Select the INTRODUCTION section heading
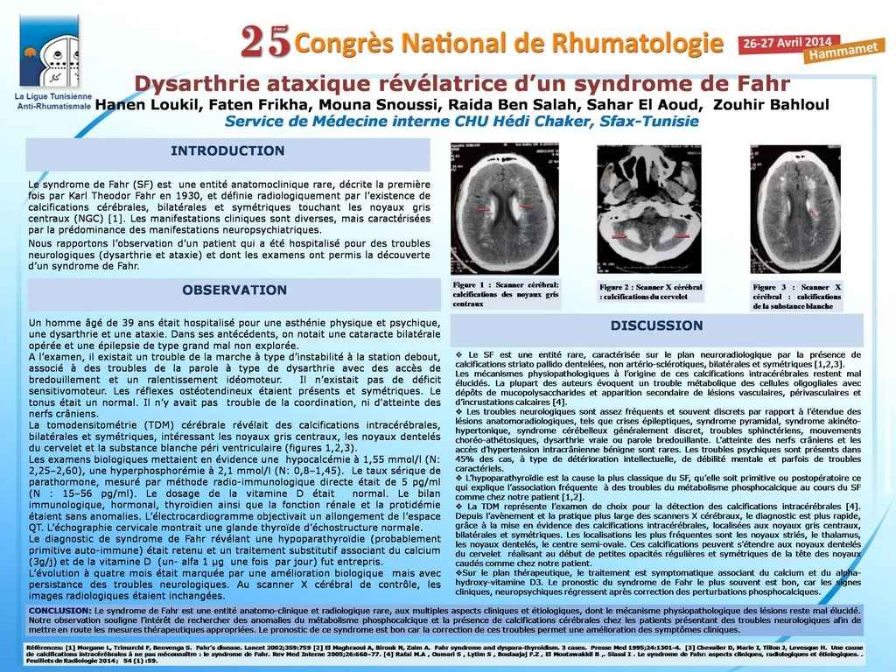point(227,151)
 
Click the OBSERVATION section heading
point(234,290)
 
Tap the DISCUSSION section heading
point(656,325)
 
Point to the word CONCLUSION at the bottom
point(59,610)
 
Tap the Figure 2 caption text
point(650,292)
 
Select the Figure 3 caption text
point(796,296)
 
